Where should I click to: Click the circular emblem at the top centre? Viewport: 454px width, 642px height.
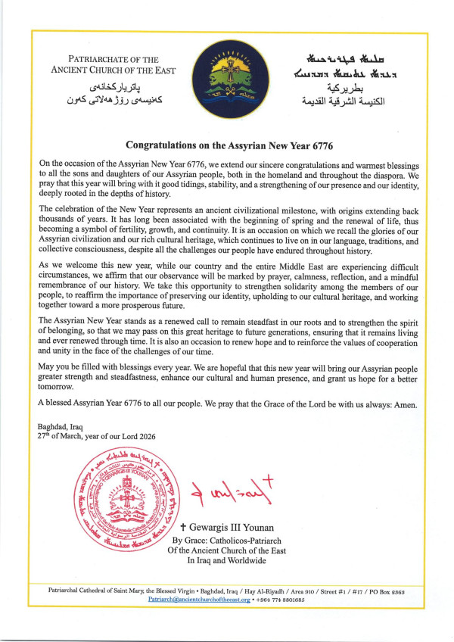227,73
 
